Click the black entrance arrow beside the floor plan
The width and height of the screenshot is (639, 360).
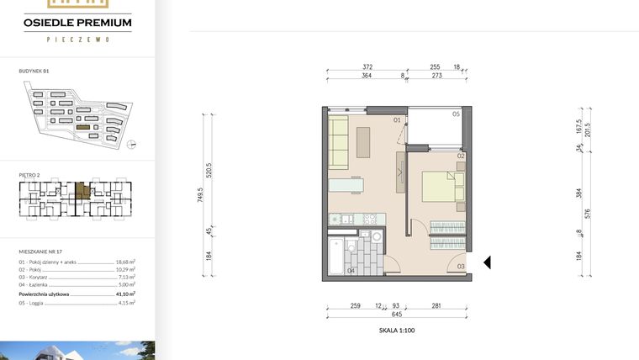(x=487, y=262)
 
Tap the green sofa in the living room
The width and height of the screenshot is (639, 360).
(x=338, y=141)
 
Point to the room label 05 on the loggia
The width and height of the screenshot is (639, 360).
(x=456, y=114)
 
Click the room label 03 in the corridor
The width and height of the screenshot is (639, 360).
(x=461, y=267)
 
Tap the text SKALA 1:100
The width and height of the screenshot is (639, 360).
(x=397, y=331)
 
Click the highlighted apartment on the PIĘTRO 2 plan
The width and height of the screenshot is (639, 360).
(x=82, y=191)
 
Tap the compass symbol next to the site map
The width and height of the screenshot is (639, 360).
(x=131, y=144)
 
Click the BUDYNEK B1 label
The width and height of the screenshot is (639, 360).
(x=34, y=72)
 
